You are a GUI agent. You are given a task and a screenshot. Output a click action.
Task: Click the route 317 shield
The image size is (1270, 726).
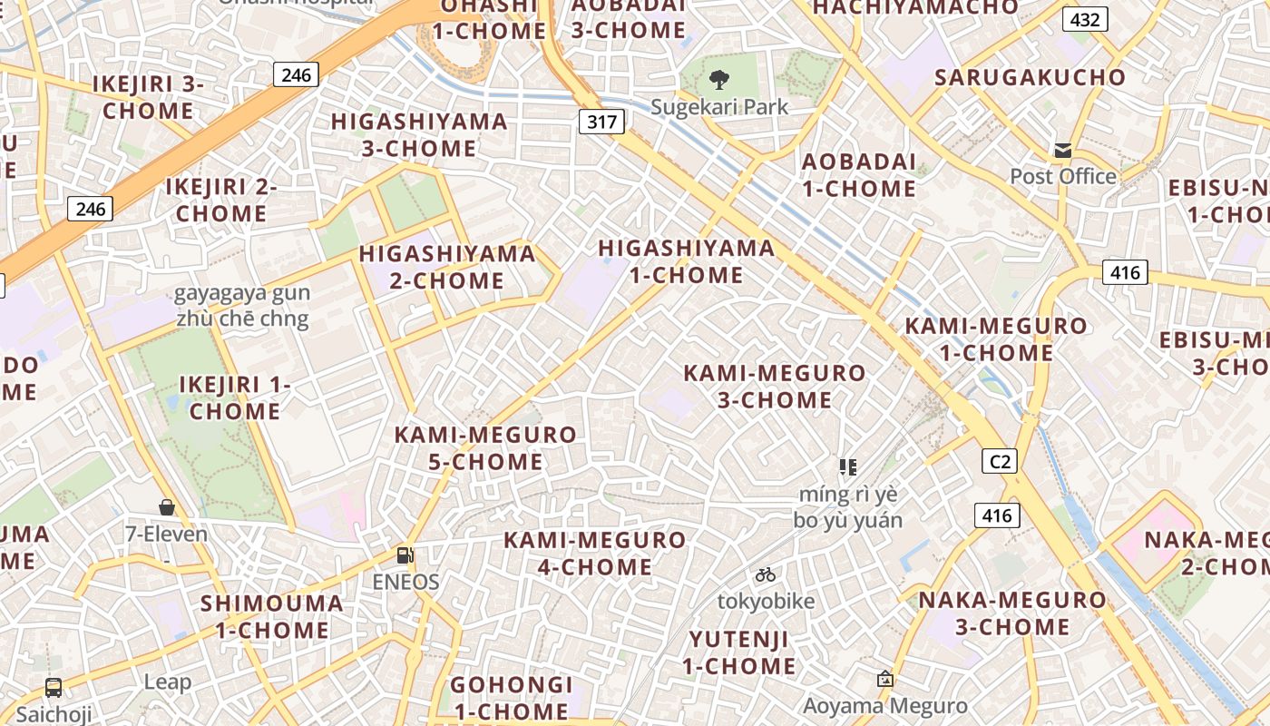601,122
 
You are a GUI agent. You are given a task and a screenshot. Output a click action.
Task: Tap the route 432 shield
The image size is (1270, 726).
1085,19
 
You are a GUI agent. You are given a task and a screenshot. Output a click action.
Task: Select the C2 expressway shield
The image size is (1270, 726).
999,461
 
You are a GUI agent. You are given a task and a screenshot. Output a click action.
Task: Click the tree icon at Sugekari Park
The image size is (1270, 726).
718,80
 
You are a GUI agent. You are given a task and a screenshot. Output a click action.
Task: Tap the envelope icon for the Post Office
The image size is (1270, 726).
1062,151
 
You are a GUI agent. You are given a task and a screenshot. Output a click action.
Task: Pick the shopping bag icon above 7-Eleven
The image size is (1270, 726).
166,506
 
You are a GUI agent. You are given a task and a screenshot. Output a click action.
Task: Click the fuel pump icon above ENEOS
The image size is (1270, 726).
405,555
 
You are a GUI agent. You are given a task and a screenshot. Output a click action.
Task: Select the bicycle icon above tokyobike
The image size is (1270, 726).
765,574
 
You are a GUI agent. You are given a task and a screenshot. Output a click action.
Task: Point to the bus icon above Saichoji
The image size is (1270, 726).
54,687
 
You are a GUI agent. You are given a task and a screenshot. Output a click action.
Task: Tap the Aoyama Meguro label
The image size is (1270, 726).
885,706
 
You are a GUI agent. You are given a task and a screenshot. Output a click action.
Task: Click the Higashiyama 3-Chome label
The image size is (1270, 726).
419,134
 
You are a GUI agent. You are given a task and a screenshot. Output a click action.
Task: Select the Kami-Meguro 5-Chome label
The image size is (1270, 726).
485,447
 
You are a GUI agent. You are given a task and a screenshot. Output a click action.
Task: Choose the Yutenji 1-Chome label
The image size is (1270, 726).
739,652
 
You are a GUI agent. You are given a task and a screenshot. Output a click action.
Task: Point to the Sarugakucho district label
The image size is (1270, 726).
1030,77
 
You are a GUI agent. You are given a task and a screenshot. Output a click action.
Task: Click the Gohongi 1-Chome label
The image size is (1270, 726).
512,697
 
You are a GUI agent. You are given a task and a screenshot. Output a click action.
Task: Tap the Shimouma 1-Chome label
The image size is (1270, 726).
271,616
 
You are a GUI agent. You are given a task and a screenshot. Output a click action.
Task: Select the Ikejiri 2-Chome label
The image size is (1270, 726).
221,200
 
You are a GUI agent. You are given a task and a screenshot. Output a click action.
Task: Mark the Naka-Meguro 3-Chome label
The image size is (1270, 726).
1012,613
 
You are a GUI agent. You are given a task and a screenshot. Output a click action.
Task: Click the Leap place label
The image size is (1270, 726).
168,682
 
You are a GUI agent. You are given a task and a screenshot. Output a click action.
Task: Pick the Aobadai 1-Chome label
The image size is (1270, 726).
859,175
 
